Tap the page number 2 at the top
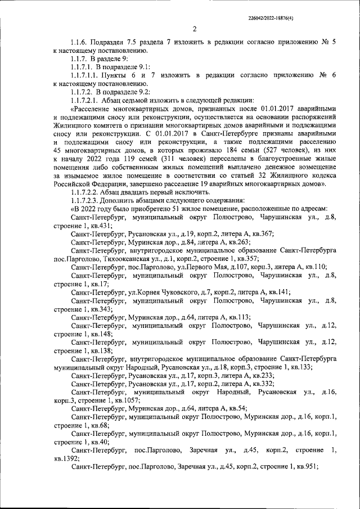(x=195, y=29)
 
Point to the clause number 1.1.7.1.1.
(x=88, y=74)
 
